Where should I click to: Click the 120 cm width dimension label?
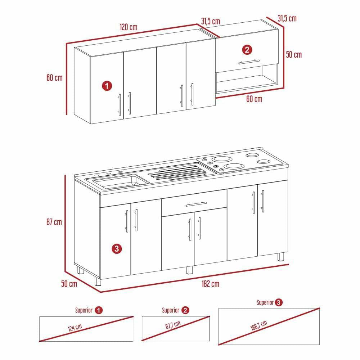click(x=129, y=27)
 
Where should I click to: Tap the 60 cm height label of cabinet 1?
click(x=54, y=77)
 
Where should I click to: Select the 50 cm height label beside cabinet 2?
click(x=294, y=55)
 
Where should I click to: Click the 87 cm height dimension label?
click(x=54, y=222)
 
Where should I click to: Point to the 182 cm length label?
click(x=211, y=284)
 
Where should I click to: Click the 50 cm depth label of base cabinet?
click(x=69, y=284)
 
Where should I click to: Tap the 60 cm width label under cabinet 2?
click(x=254, y=99)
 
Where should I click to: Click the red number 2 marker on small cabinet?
click(x=247, y=50)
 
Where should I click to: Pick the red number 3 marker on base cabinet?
click(x=116, y=248)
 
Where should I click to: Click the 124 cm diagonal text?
click(x=75, y=328)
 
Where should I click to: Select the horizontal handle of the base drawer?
click(x=196, y=204)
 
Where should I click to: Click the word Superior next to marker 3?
click(x=265, y=302)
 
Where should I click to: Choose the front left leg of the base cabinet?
click(x=97, y=281)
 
